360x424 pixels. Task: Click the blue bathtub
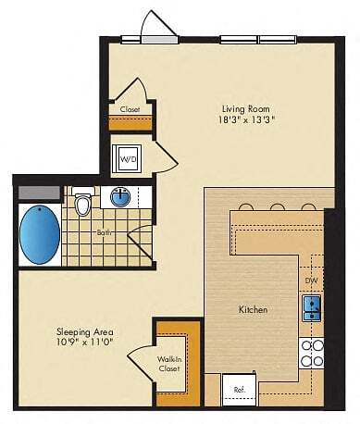[38, 234]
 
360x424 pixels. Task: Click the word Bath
[104, 232]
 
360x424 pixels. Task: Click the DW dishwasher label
[311, 280]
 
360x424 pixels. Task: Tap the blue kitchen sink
[312, 307]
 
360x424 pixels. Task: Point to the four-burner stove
[312, 354]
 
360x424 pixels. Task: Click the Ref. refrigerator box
[239, 388]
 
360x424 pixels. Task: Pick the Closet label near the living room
[130, 108]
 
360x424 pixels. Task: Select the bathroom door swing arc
[140, 243]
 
